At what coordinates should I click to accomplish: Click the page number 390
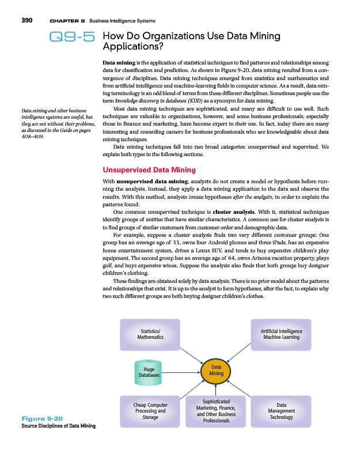(x=26, y=20)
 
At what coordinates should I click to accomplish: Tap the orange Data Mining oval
(x=217, y=370)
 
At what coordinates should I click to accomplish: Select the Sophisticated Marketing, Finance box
(x=216, y=410)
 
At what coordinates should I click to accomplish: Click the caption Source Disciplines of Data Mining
(x=59, y=426)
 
